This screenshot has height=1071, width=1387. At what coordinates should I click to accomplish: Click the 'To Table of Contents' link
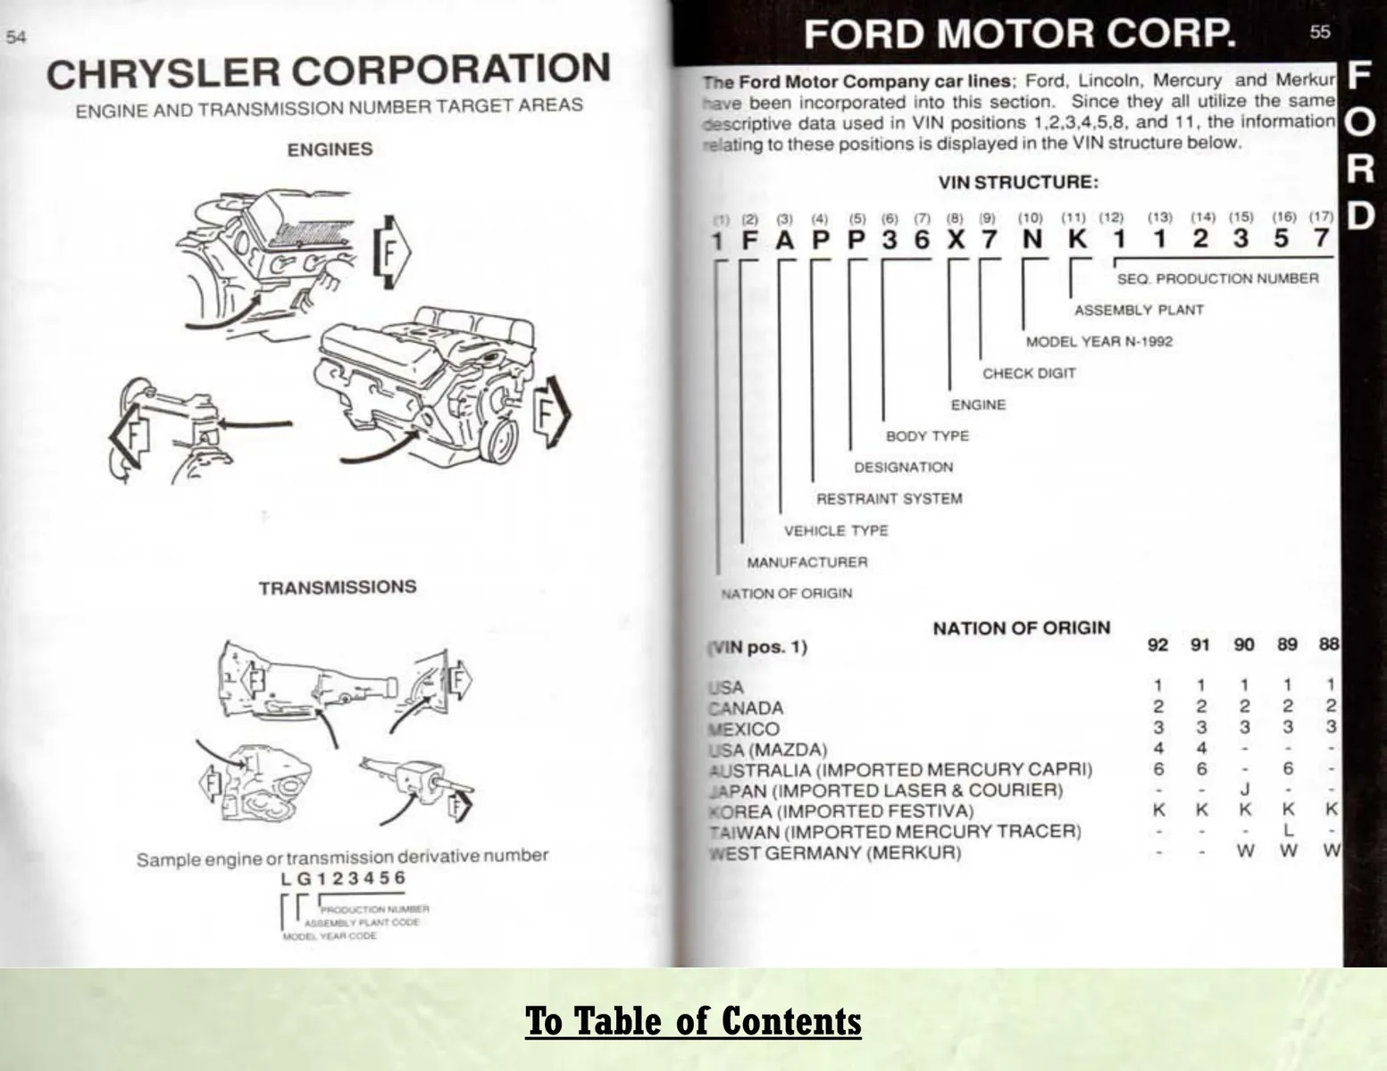coord(693,1021)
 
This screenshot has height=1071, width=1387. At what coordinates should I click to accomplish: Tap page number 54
coord(16,37)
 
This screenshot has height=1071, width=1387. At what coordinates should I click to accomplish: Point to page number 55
coord(1319,32)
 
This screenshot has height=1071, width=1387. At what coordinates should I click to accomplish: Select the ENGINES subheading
coord(330,150)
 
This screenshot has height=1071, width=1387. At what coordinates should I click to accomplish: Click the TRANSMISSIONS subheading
coord(338,587)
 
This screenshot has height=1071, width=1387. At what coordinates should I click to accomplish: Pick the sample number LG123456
coord(342,878)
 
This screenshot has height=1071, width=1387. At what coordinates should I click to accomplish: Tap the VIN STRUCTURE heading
coord(1018,183)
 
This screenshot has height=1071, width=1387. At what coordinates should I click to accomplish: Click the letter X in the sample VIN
coord(956,239)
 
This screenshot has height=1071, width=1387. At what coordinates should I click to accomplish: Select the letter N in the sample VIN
coord(1032,239)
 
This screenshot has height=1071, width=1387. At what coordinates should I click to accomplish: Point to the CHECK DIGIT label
coord(1029,374)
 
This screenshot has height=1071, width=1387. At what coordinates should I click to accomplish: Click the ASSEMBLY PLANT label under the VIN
coord(1139,311)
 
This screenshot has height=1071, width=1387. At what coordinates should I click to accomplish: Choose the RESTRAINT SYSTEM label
coord(890,499)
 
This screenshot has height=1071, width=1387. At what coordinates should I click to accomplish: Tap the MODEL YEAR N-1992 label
coord(1099,342)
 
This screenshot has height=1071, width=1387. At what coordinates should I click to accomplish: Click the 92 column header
coord(1157,644)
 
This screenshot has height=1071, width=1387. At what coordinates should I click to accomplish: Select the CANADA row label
coord(747,709)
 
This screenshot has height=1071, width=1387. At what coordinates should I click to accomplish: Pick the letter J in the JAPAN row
coord(1244,790)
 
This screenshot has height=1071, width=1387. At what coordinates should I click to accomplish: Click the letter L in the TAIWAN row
coord(1288,831)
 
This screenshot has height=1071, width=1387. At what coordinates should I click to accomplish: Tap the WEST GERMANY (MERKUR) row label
coord(836,853)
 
